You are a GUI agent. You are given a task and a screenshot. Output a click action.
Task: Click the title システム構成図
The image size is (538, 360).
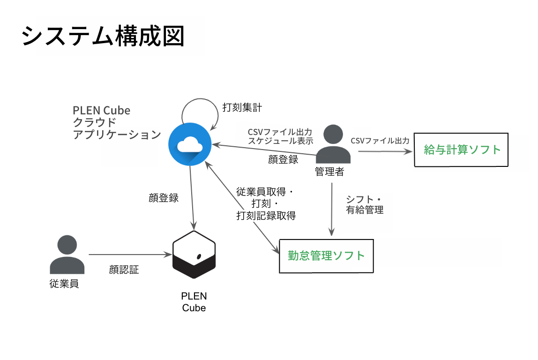pos(103,36)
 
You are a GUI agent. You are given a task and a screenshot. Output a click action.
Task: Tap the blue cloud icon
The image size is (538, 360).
pos(190,144)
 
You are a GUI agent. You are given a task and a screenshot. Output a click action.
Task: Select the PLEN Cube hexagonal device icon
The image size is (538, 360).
pos(194,255)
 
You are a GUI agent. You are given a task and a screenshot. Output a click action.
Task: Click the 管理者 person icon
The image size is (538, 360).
pos(333,144)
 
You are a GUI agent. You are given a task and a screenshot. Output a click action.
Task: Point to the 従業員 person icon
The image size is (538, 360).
pos(67,255)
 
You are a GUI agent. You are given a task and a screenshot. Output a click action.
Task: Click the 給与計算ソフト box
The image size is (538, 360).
pos(461,150)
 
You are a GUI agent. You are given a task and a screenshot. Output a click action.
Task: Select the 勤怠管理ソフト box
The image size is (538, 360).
pos(326,256)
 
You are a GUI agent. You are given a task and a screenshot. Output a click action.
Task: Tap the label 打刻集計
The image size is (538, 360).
pos(242,107)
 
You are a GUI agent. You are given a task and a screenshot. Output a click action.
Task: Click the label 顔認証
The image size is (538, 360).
pos(124,270)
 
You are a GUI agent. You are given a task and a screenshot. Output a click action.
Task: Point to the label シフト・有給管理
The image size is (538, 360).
pos(365,204)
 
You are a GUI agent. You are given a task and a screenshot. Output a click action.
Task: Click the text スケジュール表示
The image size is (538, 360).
pos(281,141)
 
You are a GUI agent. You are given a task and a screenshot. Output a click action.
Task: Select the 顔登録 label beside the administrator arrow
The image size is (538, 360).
pos(283,159)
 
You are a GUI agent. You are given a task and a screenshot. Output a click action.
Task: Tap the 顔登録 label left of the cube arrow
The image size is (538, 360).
pos(164,198)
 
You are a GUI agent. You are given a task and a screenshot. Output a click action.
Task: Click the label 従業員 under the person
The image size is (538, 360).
pos(64,284)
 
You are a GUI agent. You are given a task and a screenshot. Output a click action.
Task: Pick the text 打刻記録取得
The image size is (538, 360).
pos(266,216)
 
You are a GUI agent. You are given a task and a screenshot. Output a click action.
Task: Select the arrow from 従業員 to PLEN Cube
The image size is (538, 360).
pos(130,255)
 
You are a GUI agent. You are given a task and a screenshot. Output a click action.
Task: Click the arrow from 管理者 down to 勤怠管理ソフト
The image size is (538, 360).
pos(332,210)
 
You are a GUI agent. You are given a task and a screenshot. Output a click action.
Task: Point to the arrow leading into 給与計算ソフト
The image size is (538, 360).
pos(385,151)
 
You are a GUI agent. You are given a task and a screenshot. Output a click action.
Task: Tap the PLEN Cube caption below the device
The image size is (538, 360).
pos(194,302)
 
